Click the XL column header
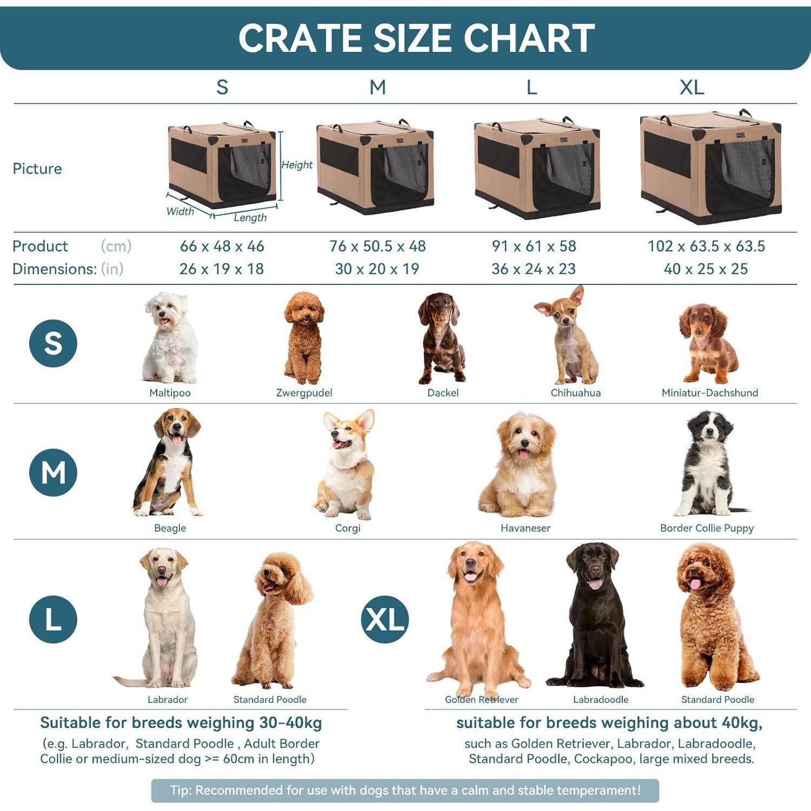click(692, 87)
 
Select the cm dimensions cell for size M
click(377, 246)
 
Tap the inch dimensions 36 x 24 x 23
click(534, 269)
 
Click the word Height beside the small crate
click(297, 164)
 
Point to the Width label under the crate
click(180, 211)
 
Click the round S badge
click(53, 343)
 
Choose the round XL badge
click(385, 619)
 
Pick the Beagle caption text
click(170, 528)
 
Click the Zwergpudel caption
click(304, 393)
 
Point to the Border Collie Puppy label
click(707, 528)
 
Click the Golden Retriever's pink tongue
click(470, 577)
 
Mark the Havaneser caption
click(526, 528)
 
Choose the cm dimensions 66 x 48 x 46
click(222, 246)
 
